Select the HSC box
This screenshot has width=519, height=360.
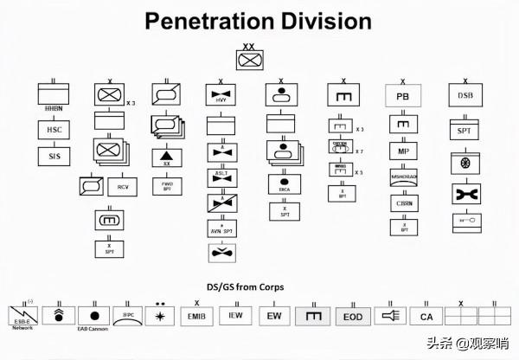tap(53, 129)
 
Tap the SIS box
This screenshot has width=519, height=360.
tap(53, 157)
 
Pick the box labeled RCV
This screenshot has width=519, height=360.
tap(121, 186)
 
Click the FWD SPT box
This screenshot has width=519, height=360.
tap(166, 185)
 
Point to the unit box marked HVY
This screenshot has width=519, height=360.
tap(221, 97)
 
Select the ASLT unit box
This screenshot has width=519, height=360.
tap(221, 176)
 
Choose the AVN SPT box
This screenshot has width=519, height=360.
tap(221, 228)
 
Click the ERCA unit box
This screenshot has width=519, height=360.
tap(283, 185)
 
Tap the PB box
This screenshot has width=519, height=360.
tap(402, 96)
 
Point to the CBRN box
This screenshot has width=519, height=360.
tap(402, 204)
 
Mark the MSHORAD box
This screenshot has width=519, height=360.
tap(402, 178)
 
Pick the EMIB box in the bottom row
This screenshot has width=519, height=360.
tap(193, 316)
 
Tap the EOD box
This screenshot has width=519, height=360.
tap(352, 316)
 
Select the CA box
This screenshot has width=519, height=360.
tap(426, 317)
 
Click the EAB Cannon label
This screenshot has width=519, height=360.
tap(93, 330)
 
